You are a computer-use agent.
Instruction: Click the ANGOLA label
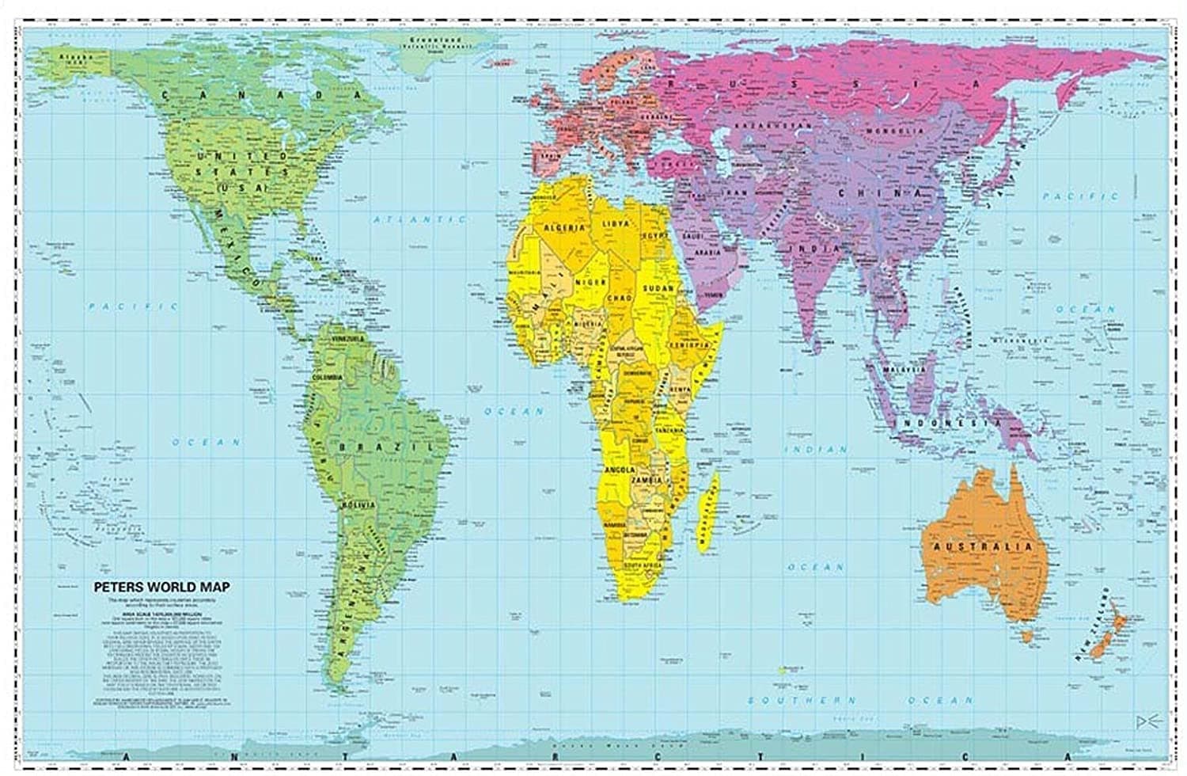click(620, 470)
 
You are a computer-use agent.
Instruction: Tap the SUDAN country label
click(658, 289)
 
